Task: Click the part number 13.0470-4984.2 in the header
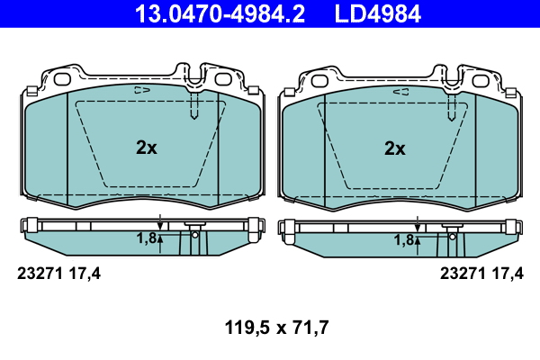click(x=220, y=13)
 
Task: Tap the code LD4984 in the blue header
click(x=378, y=13)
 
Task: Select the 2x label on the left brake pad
click(x=147, y=148)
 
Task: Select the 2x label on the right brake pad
click(x=395, y=148)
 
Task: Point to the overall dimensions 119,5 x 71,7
click(x=276, y=328)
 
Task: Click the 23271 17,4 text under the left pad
click(x=58, y=274)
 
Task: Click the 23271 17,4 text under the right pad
click(x=481, y=274)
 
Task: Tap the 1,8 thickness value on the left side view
click(x=147, y=238)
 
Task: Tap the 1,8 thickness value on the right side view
click(x=404, y=240)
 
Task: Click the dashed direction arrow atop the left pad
click(x=142, y=90)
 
